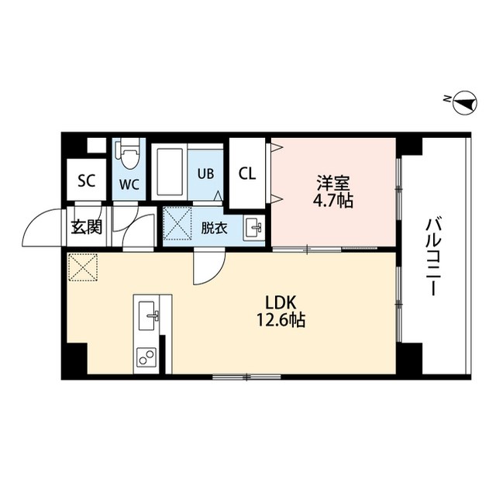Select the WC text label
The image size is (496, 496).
(x=129, y=184)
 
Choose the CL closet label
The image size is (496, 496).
(x=247, y=173)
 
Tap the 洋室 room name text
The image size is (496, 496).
(x=332, y=184)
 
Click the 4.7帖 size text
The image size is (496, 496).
(x=333, y=201)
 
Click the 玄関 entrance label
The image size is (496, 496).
(x=86, y=227)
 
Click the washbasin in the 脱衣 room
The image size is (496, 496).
(x=253, y=227)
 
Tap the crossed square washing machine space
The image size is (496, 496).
(x=177, y=225)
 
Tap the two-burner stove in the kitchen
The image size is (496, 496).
(x=146, y=357)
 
